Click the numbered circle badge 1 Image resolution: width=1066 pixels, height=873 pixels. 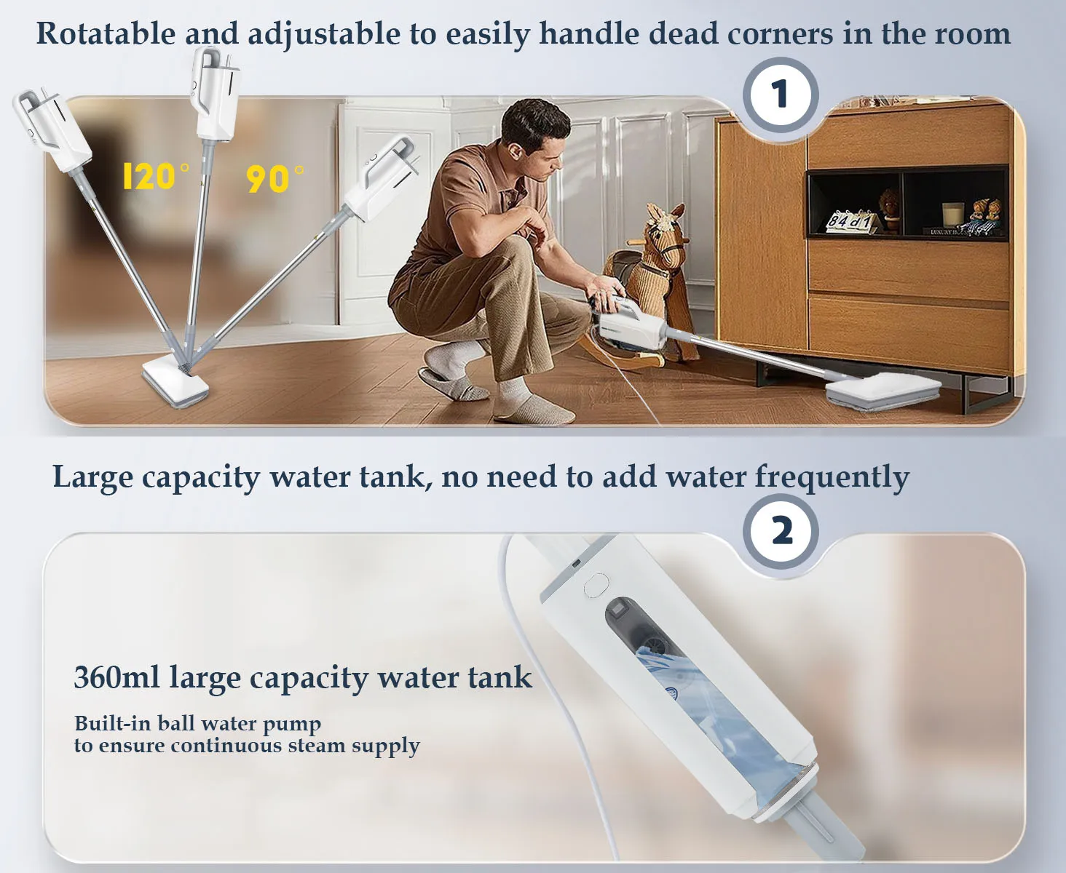click(x=781, y=95)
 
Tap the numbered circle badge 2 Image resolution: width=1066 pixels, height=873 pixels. click(x=781, y=532)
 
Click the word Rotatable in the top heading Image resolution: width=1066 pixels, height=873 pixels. click(x=106, y=34)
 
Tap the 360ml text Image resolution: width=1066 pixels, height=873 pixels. click(x=117, y=677)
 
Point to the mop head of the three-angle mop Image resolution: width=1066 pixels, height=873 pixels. click(x=175, y=381)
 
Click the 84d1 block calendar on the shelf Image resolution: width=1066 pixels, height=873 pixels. click(x=849, y=219)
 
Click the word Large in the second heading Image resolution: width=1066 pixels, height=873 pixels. click(x=92, y=478)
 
